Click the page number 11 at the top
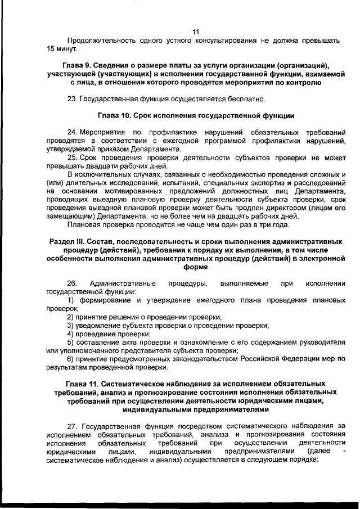(196, 31)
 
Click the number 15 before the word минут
(52, 49)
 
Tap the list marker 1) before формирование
(70, 301)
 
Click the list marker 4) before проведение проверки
(70, 334)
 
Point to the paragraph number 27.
(72, 426)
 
